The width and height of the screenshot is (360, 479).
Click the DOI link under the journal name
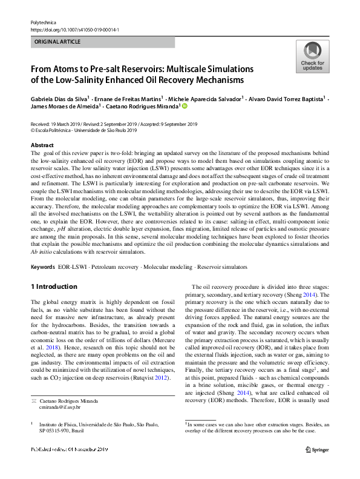pyautogui.click(x=74, y=29)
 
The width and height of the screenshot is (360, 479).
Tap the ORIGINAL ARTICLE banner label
pyautogui.click(x=57, y=42)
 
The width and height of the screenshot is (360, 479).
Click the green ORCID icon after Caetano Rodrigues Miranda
pyautogui.click(x=185, y=106)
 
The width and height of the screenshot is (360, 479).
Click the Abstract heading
pyautogui.click(x=43, y=145)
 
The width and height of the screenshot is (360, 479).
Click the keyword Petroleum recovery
pyautogui.click(x=119, y=266)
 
